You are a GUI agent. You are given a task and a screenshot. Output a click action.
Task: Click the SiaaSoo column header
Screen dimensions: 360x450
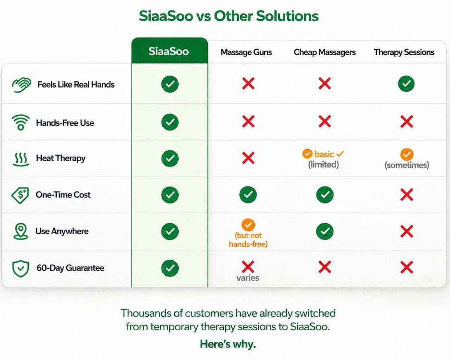(x=169, y=51)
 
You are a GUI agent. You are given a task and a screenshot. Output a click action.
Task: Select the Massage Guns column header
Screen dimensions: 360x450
(x=246, y=52)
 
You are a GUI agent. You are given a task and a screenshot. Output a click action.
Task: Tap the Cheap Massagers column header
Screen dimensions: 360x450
(x=325, y=52)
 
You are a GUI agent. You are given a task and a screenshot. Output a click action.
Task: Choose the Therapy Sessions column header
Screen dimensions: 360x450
(x=404, y=52)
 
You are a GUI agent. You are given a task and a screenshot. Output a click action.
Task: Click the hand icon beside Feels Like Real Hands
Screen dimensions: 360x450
(x=21, y=84)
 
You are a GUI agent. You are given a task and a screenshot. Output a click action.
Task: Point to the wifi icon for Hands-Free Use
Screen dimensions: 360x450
(x=21, y=123)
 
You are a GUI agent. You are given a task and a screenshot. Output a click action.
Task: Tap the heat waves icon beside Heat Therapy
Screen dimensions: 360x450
(x=21, y=158)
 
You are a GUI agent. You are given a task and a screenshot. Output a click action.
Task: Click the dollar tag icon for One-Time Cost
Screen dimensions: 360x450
(x=20, y=195)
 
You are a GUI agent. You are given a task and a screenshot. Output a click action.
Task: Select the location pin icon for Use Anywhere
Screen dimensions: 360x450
(x=20, y=231)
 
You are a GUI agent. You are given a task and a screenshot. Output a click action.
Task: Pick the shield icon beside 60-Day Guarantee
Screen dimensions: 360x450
(x=20, y=268)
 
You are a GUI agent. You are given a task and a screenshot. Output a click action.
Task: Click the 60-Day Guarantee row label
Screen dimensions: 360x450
(x=70, y=268)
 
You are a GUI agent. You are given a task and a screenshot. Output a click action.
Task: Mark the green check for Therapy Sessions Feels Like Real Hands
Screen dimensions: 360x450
(x=406, y=84)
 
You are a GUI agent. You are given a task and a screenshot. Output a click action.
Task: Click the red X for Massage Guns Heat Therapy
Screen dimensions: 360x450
(x=248, y=158)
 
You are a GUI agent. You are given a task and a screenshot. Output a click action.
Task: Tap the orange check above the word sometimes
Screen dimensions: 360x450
(x=406, y=154)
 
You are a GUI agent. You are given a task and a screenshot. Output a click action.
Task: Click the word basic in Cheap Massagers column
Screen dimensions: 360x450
(x=324, y=154)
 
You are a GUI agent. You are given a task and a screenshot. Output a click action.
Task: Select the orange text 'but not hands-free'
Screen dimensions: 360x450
(x=248, y=240)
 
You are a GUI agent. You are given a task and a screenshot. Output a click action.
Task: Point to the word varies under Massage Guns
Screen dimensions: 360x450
(x=248, y=278)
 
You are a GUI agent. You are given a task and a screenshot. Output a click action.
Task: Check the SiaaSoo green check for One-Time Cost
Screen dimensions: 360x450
(x=170, y=195)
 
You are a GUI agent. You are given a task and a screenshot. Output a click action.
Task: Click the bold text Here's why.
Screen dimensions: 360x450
(x=228, y=344)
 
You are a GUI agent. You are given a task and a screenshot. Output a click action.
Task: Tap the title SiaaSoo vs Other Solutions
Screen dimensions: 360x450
(x=229, y=16)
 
